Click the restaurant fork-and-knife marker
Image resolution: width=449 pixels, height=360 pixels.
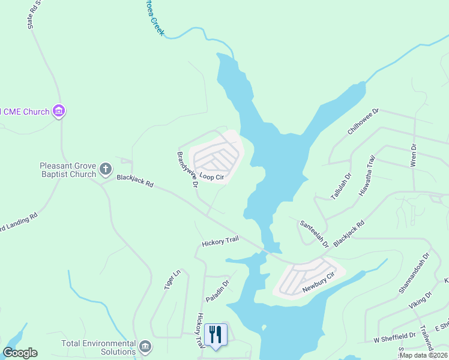pos(215,334)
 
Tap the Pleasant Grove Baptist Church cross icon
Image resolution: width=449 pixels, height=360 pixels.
pos(105,169)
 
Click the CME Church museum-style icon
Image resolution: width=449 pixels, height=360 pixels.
pos(59,111)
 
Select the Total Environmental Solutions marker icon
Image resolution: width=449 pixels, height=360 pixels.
pos(145,346)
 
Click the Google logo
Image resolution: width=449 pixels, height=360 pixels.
pos(20,353)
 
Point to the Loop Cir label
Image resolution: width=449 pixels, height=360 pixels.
pos(212,177)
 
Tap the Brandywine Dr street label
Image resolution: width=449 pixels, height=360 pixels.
pos(187,169)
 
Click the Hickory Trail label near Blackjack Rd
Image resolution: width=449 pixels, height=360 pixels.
pos(220,242)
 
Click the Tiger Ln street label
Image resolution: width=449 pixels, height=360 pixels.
pos(172,280)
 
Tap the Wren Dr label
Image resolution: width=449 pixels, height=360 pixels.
pos(413,154)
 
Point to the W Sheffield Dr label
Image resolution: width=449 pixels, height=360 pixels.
pos(395,338)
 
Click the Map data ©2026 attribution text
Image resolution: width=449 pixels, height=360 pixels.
pos(424,355)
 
